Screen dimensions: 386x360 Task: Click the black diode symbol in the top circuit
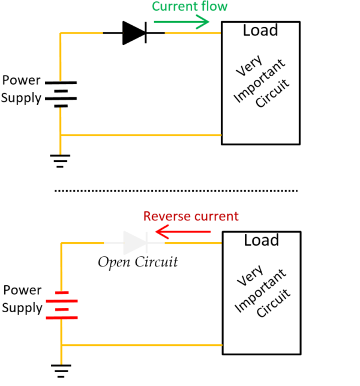pyautogui.click(x=134, y=32)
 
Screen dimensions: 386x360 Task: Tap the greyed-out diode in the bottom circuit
pyautogui.click(x=134, y=243)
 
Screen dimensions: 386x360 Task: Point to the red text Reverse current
pyautogui.click(x=190, y=216)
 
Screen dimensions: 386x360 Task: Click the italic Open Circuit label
pyautogui.click(x=137, y=262)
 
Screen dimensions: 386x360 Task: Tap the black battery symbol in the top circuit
pyautogui.click(x=61, y=94)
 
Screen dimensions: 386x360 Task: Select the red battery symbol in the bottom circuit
pyautogui.click(x=61, y=304)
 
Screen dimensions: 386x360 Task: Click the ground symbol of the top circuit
pyautogui.click(x=61, y=160)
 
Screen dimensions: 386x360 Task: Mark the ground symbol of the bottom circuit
pyautogui.click(x=61, y=371)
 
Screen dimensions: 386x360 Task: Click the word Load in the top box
pyautogui.click(x=260, y=30)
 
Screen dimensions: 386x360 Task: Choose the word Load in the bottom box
pyautogui.click(x=261, y=241)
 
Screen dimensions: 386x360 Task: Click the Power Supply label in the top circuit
pyautogui.click(x=22, y=89)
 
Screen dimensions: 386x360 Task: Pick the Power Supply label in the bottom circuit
pyautogui.click(x=22, y=299)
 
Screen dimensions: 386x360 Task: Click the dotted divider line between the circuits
pyautogui.click(x=176, y=191)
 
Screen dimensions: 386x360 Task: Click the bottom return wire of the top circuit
pyautogui.click(x=141, y=135)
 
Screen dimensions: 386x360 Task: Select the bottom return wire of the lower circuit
pyautogui.click(x=142, y=345)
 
